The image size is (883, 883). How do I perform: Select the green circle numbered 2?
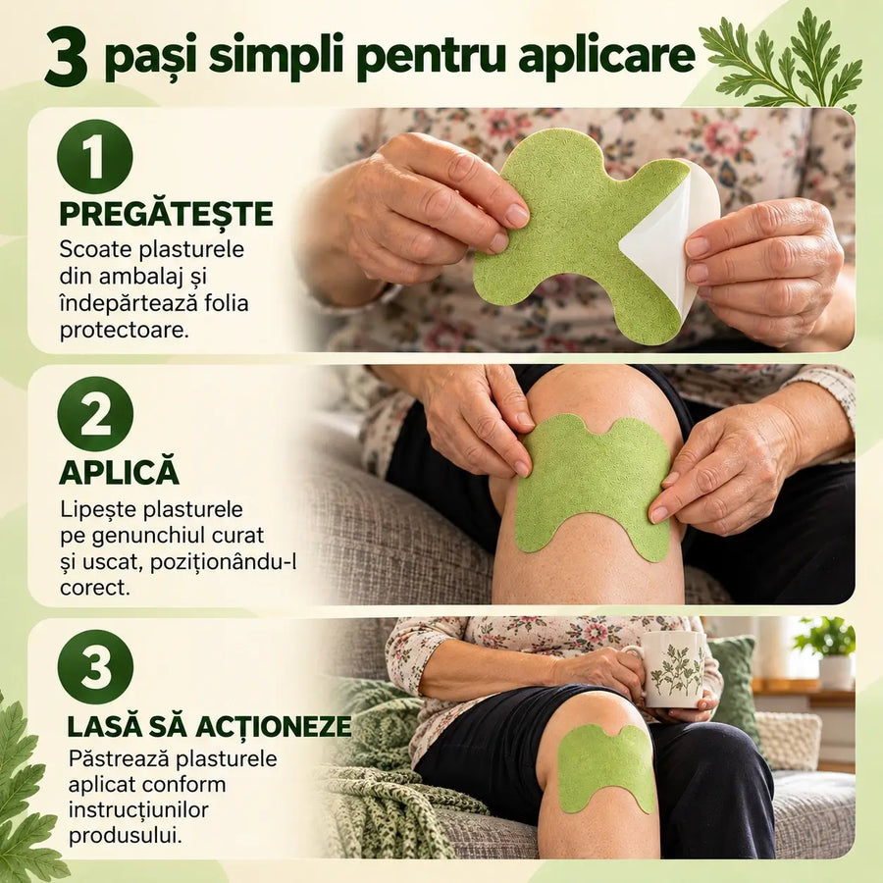[x=95, y=414]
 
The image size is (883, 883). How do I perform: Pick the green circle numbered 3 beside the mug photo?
[x=95, y=667]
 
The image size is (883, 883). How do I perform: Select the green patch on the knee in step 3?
[x=606, y=768]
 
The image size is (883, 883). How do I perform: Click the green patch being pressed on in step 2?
[x=593, y=488]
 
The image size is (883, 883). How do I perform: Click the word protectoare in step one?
[x=125, y=330]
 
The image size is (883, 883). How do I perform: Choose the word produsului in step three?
[x=126, y=836]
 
